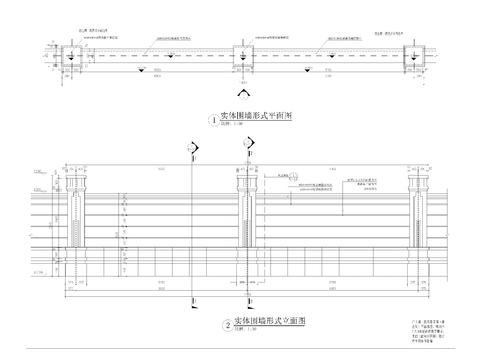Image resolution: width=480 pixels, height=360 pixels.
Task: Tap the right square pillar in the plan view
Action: (x=411, y=56)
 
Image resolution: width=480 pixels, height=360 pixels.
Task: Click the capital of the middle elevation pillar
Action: (x=244, y=177)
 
